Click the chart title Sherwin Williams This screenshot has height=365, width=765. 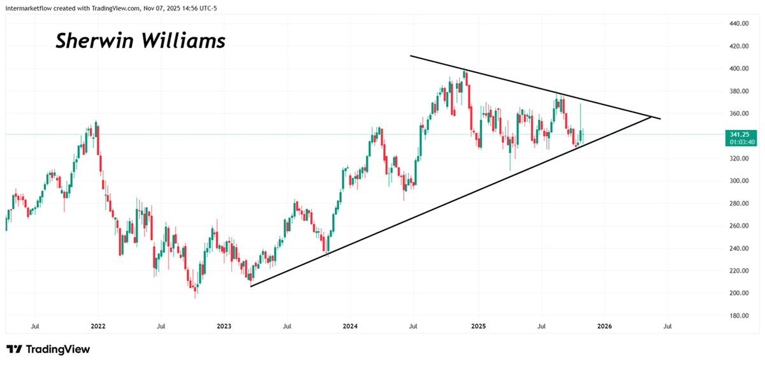tap(140, 41)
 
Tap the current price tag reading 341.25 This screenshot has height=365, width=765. tap(740, 134)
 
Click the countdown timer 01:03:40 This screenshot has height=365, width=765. tap(740, 142)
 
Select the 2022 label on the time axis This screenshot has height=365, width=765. tap(98, 326)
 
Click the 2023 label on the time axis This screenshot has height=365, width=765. tap(224, 326)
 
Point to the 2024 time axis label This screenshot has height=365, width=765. tap(350, 326)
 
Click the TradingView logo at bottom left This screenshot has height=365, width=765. tap(48, 349)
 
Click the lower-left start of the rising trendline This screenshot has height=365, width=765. tap(251, 286)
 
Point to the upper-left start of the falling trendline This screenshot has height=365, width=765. tap(411, 56)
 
